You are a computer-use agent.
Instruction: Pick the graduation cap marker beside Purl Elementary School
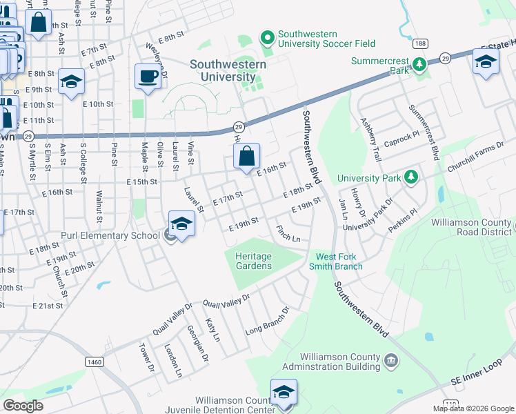181,224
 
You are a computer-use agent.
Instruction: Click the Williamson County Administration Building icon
390,360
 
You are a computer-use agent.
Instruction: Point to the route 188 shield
420,43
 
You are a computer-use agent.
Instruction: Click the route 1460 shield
95,362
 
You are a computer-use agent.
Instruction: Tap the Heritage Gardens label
253,261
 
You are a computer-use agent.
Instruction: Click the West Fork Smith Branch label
339,262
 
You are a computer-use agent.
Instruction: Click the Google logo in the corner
23,406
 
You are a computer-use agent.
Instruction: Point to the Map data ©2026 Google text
473,408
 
